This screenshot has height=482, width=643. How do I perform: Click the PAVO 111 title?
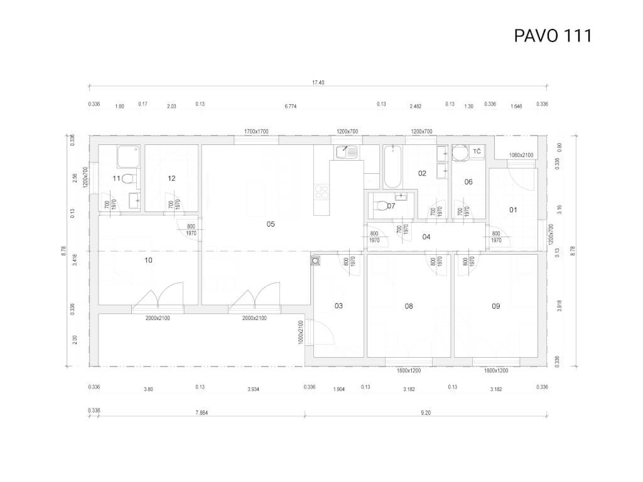(x=553, y=36)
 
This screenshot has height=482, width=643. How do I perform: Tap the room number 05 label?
(x=271, y=224)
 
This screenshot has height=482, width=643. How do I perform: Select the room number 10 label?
(x=148, y=260)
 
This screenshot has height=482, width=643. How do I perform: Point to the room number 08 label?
(x=409, y=306)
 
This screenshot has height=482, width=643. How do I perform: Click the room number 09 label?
(x=496, y=306)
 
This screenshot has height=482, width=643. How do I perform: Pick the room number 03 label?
(x=338, y=306)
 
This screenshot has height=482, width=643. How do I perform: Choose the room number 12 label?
(x=171, y=178)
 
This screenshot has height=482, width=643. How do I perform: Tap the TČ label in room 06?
(x=477, y=152)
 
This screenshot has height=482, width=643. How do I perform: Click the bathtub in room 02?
(x=393, y=166)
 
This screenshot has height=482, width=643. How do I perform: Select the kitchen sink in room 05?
(x=347, y=153)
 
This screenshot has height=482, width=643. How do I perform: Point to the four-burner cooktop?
(x=321, y=192)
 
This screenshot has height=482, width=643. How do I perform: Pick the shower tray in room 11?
(x=129, y=156)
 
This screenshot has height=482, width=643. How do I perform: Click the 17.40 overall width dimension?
(x=318, y=82)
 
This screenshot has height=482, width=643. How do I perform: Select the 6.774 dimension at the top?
(x=290, y=106)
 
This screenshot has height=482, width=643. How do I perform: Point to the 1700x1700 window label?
(x=256, y=132)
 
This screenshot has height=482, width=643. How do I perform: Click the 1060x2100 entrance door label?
(x=521, y=155)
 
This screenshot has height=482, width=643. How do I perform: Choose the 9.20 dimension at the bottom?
(x=426, y=413)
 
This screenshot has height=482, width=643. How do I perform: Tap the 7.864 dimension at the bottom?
(x=202, y=413)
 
